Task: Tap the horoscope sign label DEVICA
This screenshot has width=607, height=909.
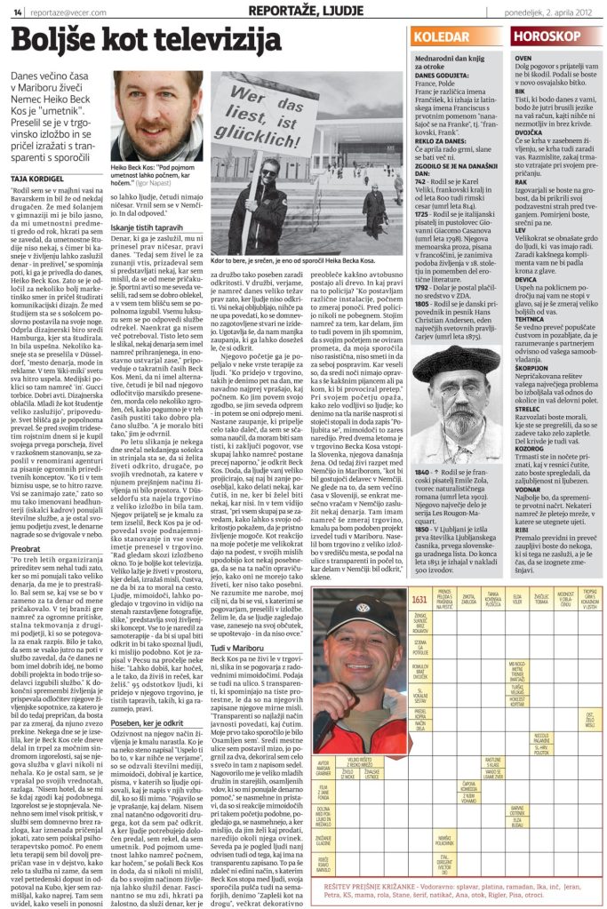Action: [527, 277]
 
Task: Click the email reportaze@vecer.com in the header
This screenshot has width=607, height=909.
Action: [58, 12]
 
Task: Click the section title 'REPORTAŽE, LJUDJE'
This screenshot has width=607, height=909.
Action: [293, 10]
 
